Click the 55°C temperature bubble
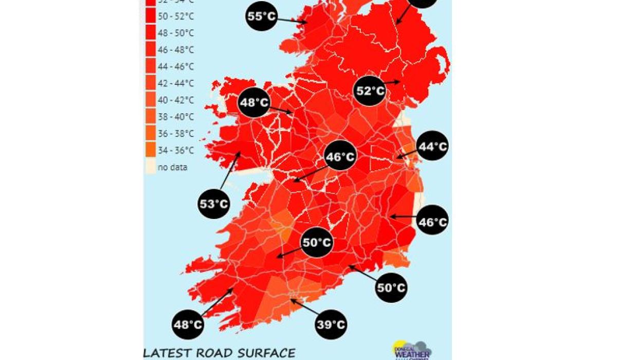pyautogui.click(x=262, y=16)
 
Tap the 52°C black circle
pyautogui.click(x=371, y=91)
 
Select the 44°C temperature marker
pyautogui.click(x=432, y=146)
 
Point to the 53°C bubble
pyautogui.click(x=214, y=204)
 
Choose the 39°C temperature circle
pyautogui.click(x=331, y=325)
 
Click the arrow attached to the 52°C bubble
pyautogui.click(x=393, y=82)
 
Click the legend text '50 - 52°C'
pyautogui.click(x=175, y=16)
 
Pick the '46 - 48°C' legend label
pyautogui.click(x=175, y=50)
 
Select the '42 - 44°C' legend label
pyautogui.click(x=175, y=83)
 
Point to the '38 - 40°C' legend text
pyautogui.click(x=175, y=117)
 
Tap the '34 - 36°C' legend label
pyautogui.click(x=175, y=150)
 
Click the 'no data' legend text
pyautogui.click(x=173, y=167)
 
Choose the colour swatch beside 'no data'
pyautogui.click(x=150, y=167)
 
